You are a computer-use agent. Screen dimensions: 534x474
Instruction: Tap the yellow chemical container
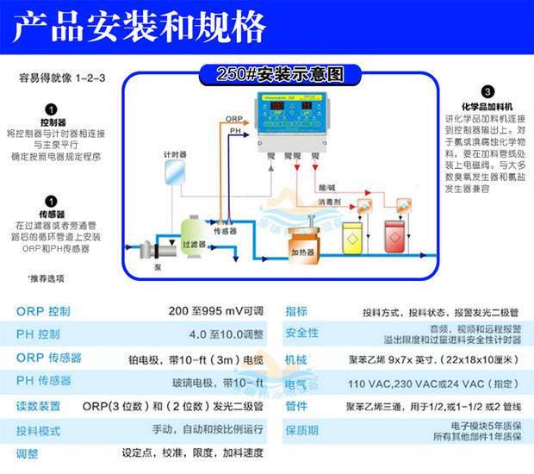(x=353, y=237)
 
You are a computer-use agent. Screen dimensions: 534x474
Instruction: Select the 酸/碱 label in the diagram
(x=326, y=185)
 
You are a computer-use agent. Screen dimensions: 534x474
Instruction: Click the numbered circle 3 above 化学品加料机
(x=487, y=91)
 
